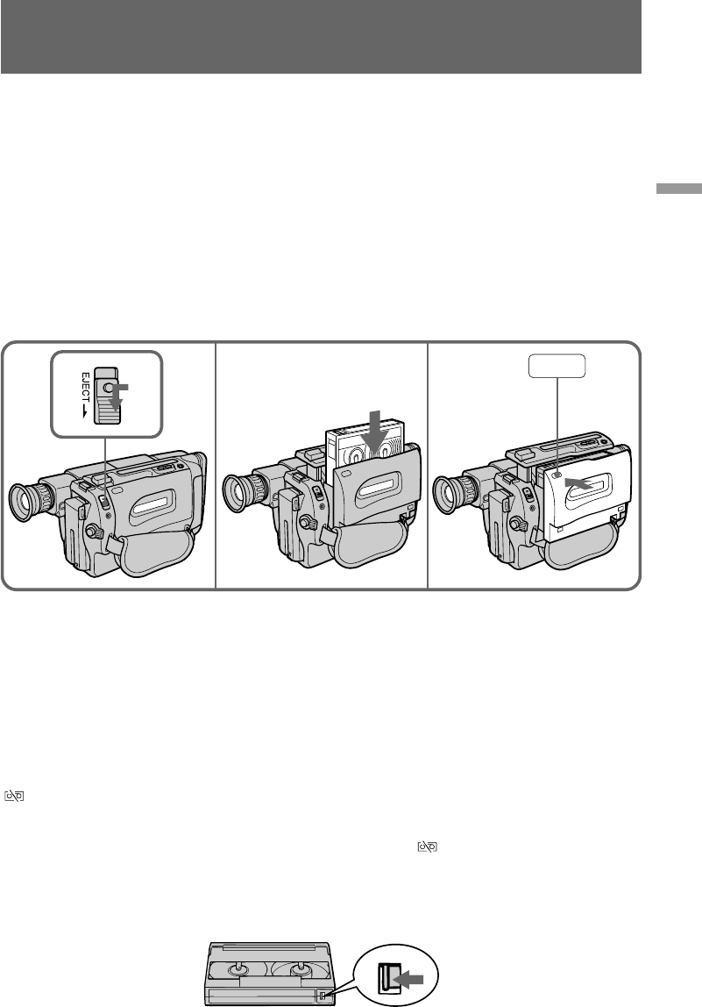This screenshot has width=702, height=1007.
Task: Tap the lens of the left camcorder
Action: (23, 503)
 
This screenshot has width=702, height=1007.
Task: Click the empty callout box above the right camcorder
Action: (557, 366)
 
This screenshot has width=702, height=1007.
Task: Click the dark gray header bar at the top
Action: (321, 37)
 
